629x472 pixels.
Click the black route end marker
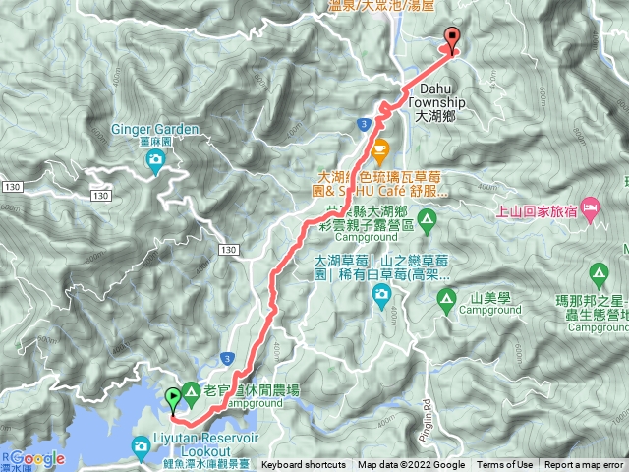click(x=452, y=38)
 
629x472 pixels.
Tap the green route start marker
click(x=174, y=398)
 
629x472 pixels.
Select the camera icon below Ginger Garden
click(x=155, y=165)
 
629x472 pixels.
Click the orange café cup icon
click(x=380, y=149)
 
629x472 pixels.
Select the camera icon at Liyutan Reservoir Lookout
click(x=142, y=447)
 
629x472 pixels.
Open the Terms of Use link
click(x=505, y=465)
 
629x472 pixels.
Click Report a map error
click(x=584, y=465)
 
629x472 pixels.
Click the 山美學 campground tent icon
click(x=446, y=295)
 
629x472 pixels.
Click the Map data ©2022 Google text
click(x=411, y=465)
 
